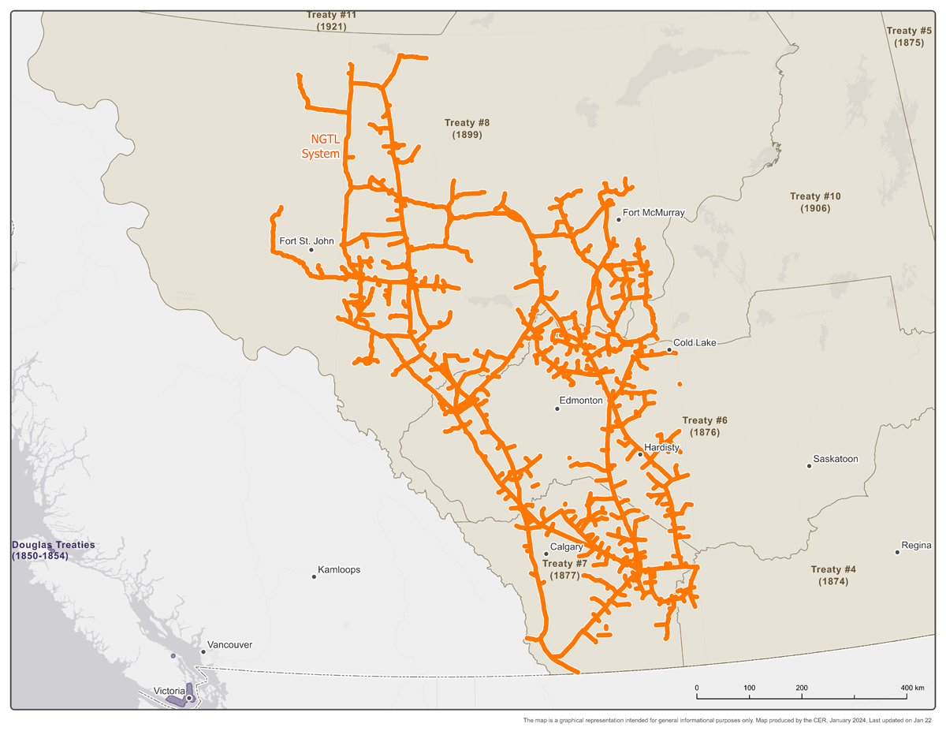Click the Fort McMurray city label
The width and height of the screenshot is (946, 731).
[x=654, y=212]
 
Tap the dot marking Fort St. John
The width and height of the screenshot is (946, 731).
[x=311, y=250]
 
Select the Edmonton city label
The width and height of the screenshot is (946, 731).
[x=580, y=401]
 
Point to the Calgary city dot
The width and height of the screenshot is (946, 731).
[x=546, y=554]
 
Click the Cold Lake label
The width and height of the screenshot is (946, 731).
[x=695, y=342]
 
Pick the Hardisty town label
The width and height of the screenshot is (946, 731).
[x=661, y=447]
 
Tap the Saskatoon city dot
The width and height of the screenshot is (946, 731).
[x=809, y=466]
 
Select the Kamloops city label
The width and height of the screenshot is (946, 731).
[x=338, y=569]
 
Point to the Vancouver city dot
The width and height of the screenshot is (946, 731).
[x=203, y=652]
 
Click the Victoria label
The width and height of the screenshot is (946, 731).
[x=169, y=692]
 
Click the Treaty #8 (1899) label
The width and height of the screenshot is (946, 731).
[x=467, y=129]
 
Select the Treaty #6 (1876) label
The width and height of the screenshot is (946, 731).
[x=704, y=427]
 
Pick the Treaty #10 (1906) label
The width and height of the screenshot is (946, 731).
[x=815, y=202]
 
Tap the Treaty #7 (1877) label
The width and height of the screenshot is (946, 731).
[x=564, y=569]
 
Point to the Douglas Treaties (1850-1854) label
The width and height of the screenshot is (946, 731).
[x=53, y=550]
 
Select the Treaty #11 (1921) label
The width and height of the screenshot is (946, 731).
[x=331, y=21]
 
